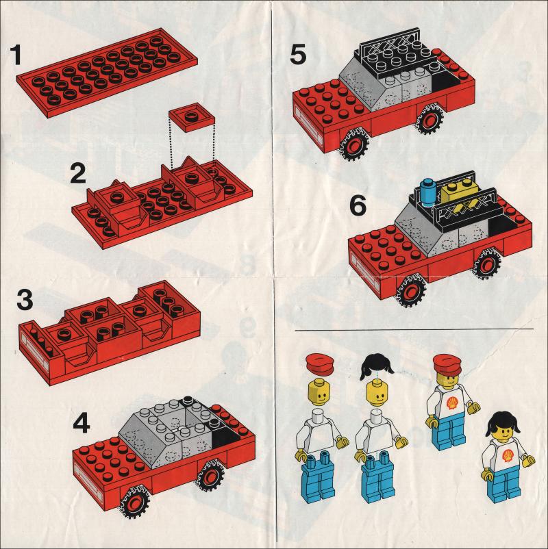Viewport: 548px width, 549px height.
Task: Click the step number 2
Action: [78, 174]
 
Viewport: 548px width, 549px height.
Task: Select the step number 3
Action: [25, 301]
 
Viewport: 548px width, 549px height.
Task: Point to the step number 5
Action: [298, 54]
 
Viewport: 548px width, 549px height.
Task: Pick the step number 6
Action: [358, 205]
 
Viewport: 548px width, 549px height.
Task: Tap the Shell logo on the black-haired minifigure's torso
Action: [507, 456]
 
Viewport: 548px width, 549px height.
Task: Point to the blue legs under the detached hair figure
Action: [377, 476]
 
